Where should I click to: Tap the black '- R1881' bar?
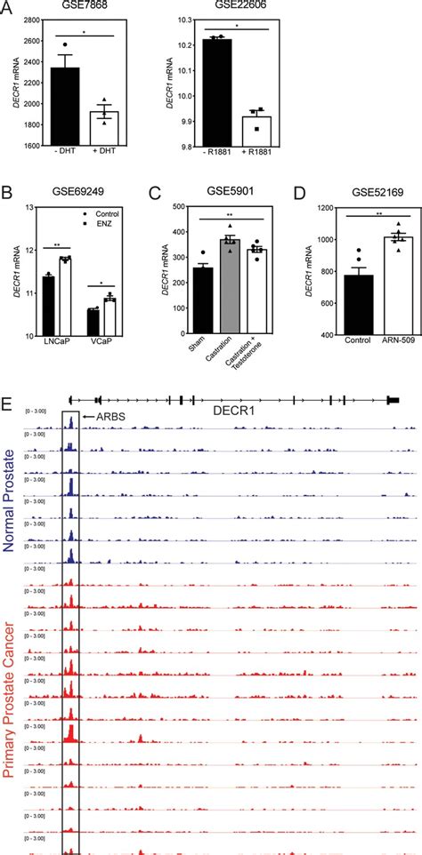click(x=217, y=92)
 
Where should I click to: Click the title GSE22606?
click(x=237, y=8)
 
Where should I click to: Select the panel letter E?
click(x=7, y=380)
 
